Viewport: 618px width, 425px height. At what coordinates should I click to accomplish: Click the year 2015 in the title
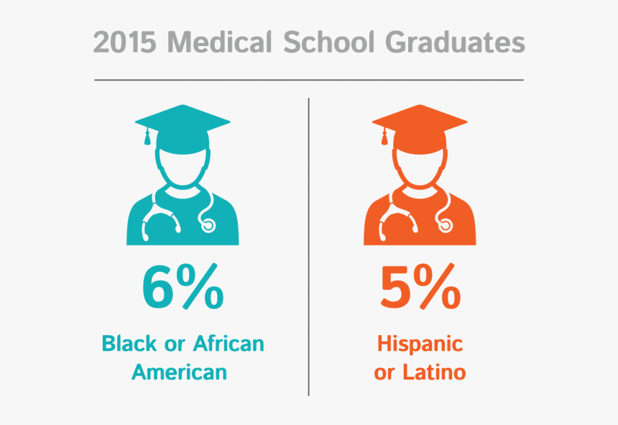pos(124,43)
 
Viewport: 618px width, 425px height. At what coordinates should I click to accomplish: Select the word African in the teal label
pos(229,344)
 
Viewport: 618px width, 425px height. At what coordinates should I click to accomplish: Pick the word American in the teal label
pos(183,372)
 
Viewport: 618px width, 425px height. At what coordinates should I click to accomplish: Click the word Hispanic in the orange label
pos(420,344)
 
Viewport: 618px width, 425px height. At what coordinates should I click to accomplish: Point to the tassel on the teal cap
pos(148,138)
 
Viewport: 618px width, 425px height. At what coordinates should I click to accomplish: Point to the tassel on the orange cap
pos(385,138)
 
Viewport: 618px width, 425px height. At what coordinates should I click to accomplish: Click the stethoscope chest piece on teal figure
pos(208,225)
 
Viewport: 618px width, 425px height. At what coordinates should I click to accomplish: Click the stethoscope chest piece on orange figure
pos(446,225)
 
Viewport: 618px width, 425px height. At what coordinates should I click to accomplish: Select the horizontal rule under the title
pos(309,79)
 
